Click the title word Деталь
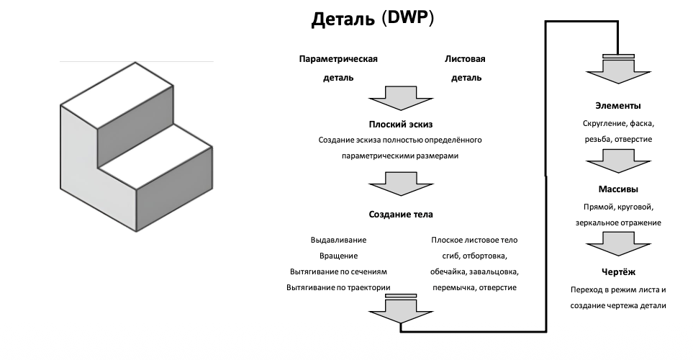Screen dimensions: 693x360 (343, 20)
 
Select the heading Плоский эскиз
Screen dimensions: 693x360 (400, 125)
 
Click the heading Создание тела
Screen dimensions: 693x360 (401, 215)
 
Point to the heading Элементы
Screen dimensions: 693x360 (618, 106)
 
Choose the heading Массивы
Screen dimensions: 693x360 (618, 189)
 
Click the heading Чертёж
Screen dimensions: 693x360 (618, 272)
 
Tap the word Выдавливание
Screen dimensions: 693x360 (338, 240)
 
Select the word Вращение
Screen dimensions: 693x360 (338, 256)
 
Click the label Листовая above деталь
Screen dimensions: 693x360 (465, 59)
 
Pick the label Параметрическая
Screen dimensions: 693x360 (338, 59)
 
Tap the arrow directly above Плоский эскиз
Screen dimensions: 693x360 (401, 98)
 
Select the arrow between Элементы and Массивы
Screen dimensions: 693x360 (618, 161)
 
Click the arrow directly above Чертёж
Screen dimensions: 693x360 (618, 244)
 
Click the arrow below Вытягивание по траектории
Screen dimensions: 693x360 (401, 310)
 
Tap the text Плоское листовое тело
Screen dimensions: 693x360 (474, 240)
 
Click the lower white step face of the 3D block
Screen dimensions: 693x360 (155, 156)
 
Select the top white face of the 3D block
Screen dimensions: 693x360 (117, 96)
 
